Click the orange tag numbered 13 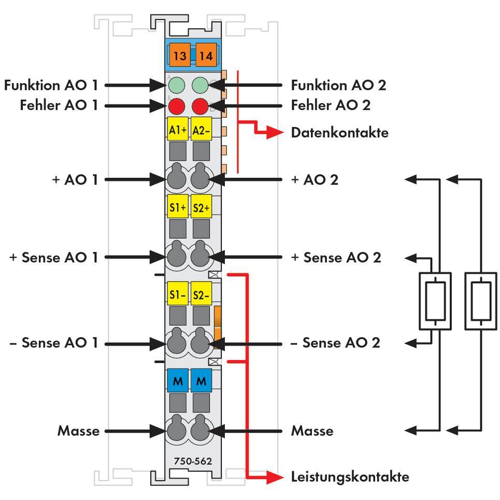coord(180,55)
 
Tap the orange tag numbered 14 coord(206,55)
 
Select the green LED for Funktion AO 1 coord(177,85)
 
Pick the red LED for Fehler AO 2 coord(200,106)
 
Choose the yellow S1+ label coord(178,207)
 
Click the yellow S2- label coord(201,295)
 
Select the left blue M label coord(178,382)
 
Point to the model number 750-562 coord(193,461)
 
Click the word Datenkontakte coord(339,133)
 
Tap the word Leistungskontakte coord(350,477)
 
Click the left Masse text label coord(78,430)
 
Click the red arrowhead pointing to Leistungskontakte coord(275,477)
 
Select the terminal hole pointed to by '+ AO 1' coord(177,179)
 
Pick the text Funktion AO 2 coord(338,85)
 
